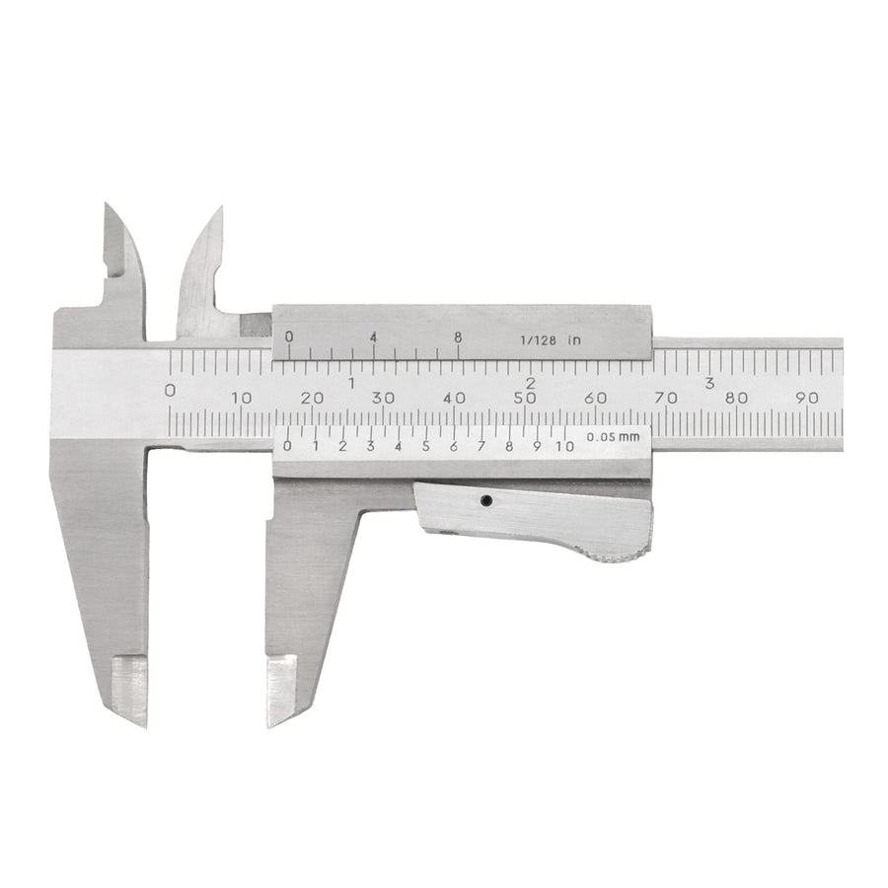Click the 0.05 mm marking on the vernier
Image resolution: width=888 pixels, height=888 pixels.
point(613,437)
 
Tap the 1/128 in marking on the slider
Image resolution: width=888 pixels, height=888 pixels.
point(551,340)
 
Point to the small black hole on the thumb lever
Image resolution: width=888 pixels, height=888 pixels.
point(485,500)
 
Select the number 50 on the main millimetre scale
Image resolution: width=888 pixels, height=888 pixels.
point(525,399)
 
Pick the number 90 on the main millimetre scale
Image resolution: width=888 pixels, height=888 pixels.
point(806,398)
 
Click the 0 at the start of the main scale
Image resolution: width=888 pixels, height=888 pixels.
point(170,391)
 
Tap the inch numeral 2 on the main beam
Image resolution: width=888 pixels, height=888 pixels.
point(530,384)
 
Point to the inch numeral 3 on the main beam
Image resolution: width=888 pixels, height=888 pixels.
point(709,384)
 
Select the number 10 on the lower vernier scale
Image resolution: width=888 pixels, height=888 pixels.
point(564,446)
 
